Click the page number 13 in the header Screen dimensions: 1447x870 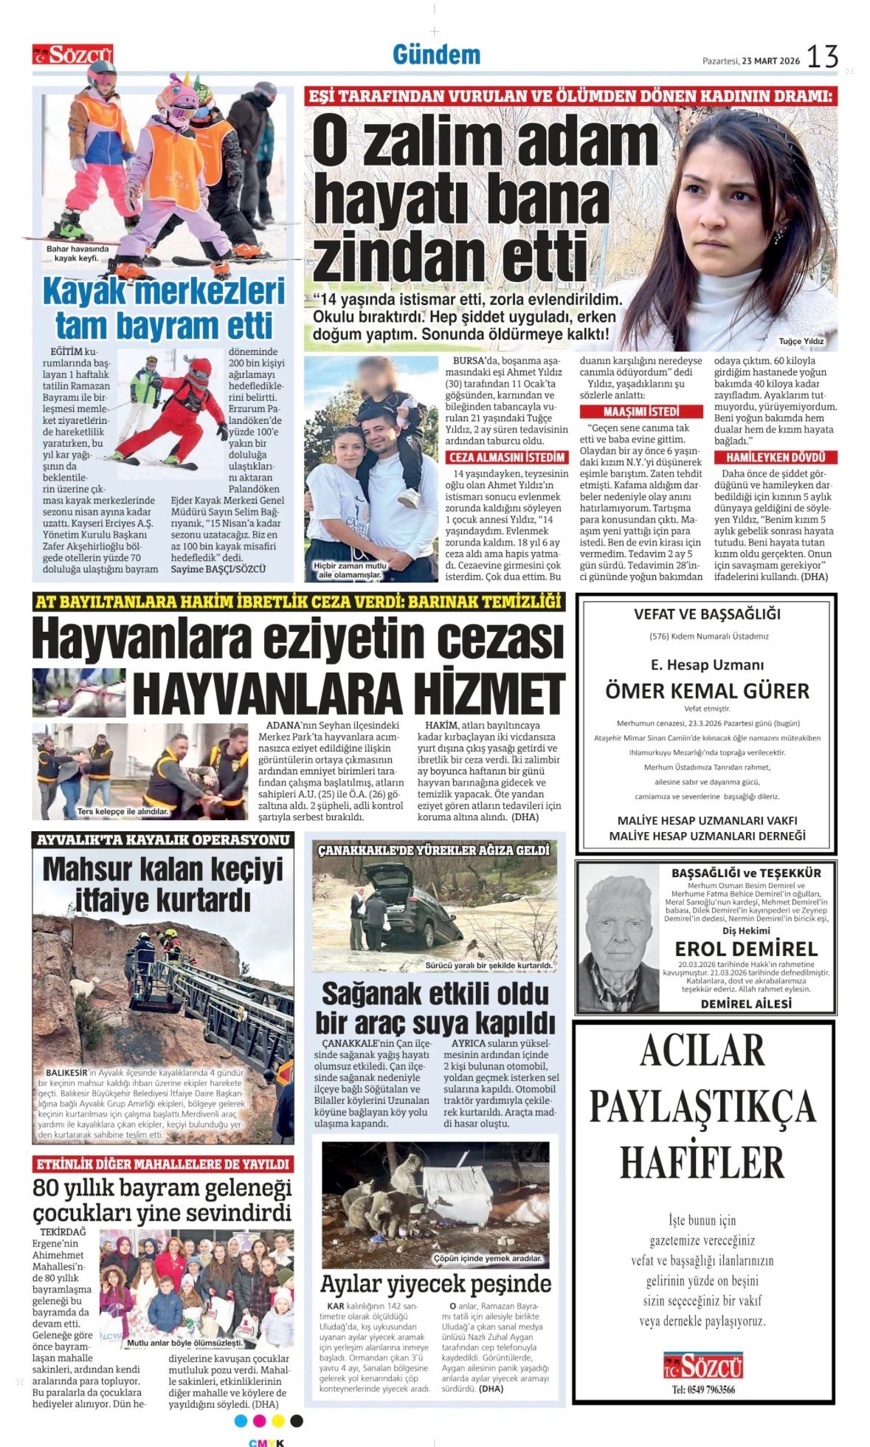pyautogui.click(x=822, y=57)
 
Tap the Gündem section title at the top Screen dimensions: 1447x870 pyautogui.click(x=436, y=55)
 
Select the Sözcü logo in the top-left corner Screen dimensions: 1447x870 pyautogui.click(x=72, y=55)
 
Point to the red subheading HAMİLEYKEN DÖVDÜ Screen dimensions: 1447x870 pyautogui.click(x=776, y=457)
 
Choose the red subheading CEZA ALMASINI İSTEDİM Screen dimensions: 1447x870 pyautogui.click(x=507, y=457)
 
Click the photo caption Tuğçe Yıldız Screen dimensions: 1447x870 pyautogui.click(x=801, y=341)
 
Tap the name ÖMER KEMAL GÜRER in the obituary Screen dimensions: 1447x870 pyautogui.click(x=707, y=691)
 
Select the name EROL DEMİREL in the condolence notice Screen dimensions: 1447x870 pyautogui.click(x=745, y=949)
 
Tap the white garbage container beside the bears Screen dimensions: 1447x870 pyautogui.click(x=458, y=1194)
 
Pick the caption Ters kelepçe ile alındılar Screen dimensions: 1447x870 pyautogui.click(x=122, y=811)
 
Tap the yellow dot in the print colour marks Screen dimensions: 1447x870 pyautogui.click(x=277, y=1420)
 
